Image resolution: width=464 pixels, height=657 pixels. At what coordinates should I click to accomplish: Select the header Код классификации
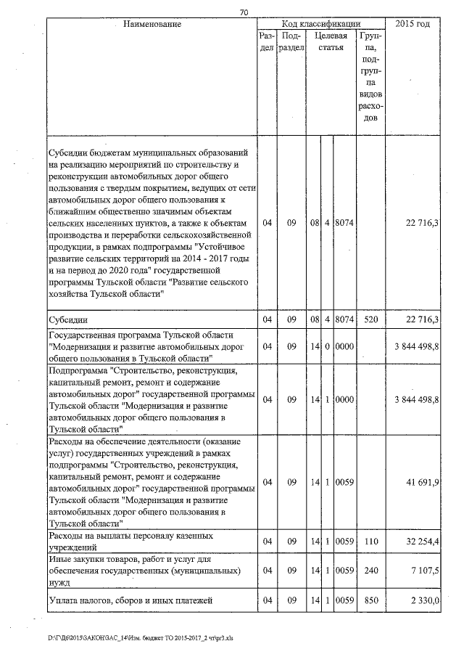(x=321, y=24)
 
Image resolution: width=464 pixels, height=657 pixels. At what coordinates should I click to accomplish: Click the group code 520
(x=370, y=319)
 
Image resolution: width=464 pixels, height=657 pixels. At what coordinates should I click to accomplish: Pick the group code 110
(x=370, y=542)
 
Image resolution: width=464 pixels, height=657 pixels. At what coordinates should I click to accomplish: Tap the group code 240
(x=370, y=571)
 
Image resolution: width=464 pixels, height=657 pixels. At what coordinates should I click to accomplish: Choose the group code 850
(x=370, y=600)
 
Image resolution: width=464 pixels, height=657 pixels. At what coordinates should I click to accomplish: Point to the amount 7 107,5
(x=422, y=571)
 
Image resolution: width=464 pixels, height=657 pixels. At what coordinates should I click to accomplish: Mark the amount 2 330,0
(x=422, y=600)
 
